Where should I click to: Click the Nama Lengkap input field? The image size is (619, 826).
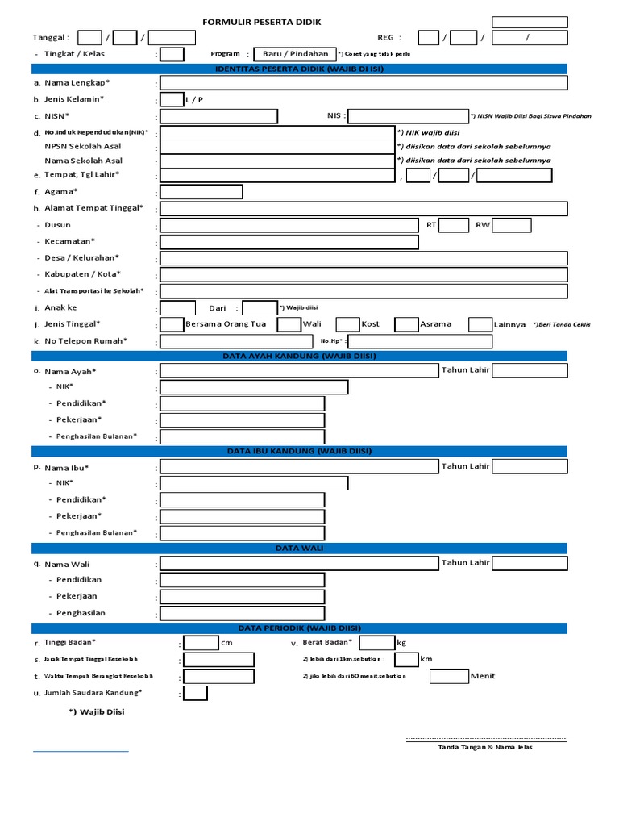click(364, 83)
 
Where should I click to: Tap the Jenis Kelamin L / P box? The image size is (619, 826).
click(172, 100)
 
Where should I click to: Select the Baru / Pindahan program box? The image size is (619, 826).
click(290, 54)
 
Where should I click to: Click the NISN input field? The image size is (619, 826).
click(218, 116)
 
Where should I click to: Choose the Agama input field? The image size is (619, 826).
click(201, 192)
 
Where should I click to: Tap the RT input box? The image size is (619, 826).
click(454, 225)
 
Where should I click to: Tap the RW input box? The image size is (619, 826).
click(512, 225)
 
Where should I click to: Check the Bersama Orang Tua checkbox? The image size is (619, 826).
click(172, 324)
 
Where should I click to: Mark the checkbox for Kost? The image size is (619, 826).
click(347, 324)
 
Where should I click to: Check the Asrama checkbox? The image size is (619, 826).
click(405, 324)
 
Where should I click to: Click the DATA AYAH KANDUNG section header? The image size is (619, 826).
click(299, 356)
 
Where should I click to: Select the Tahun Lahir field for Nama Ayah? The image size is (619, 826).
click(530, 370)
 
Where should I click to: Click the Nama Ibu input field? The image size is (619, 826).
click(299, 467)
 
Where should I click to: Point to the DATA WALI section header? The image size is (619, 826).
click(299, 549)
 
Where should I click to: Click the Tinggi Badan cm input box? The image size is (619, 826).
click(201, 643)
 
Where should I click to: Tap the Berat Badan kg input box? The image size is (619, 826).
click(376, 643)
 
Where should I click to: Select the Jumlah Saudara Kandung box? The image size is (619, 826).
click(195, 693)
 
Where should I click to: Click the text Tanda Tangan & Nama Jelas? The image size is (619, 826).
click(484, 747)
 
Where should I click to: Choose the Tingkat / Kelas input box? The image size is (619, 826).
click(172, 54)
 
